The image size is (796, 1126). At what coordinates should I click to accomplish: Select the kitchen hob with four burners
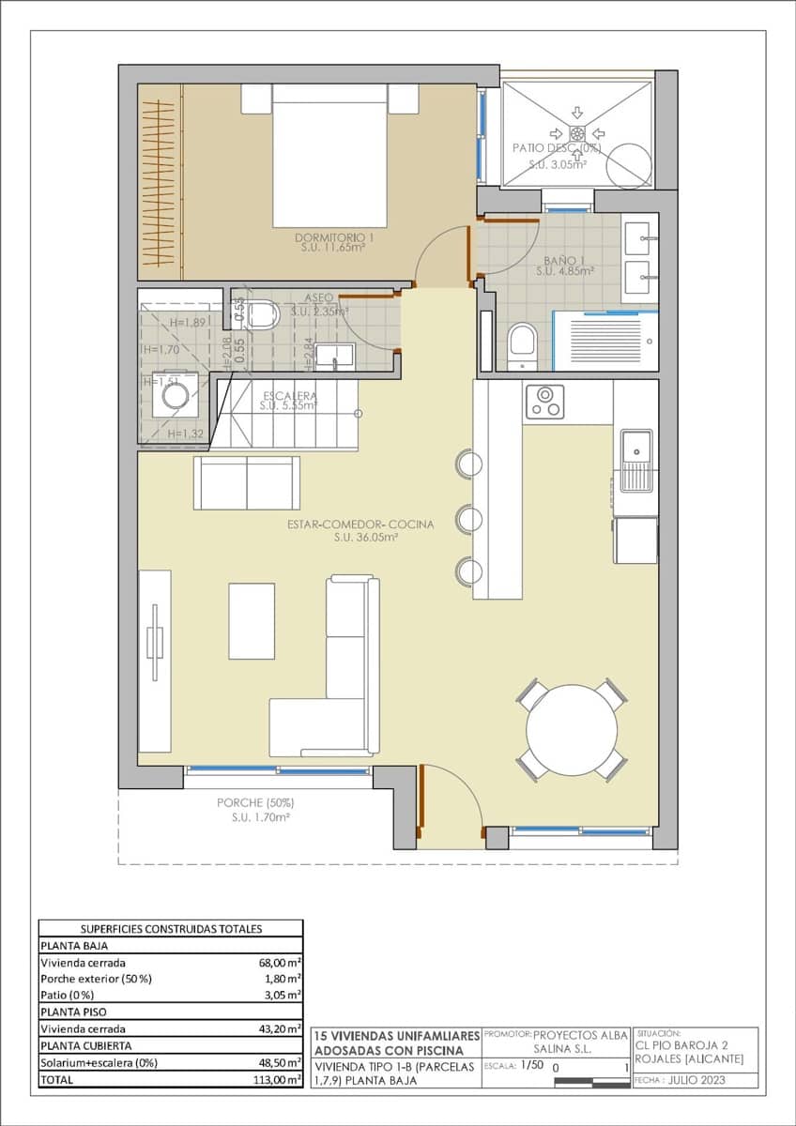tap(544, 401)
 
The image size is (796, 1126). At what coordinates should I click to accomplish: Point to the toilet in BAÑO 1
tap(521, 345)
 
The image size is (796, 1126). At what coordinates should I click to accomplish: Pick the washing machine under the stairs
tap(175, 396)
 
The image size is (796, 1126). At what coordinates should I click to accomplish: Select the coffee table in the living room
tap(252, 620)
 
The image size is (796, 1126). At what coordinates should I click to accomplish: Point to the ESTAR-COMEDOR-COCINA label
tap(360, 525)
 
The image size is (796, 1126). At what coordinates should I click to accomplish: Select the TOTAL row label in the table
tap(55, 1080)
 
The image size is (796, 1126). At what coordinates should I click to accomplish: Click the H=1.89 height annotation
tap(186, 323)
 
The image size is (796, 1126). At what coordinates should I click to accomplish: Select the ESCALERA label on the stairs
tap(290, 395)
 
